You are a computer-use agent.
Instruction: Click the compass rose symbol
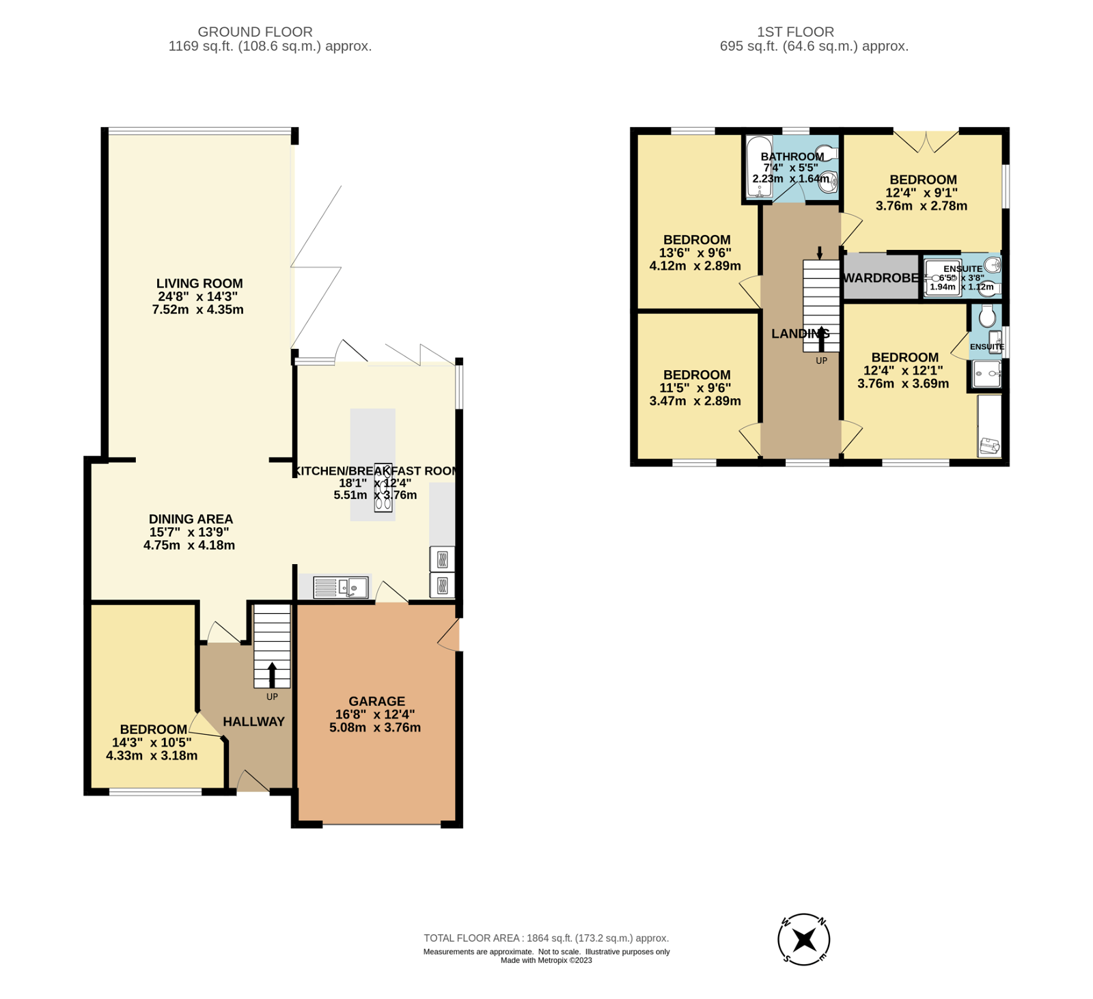click(803, 939)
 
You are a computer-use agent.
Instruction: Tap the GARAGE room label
click(376, 701)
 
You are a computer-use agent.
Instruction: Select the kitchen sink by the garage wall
click(340, 587)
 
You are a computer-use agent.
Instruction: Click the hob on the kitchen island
click(383, 487)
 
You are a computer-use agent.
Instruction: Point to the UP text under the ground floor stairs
click(272, 697)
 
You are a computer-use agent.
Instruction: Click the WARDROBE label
click(881, 278)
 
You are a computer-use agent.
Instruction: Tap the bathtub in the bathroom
click(758, 167)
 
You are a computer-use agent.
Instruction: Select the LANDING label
click(800, 333)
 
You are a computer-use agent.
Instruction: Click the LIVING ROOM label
click(199, 283)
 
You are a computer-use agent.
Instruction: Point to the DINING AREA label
click(191, 519)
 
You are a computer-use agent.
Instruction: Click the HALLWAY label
click(253, 722)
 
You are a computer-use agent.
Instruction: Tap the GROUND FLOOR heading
click(255, 31)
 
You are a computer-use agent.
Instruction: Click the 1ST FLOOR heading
click(795, 31)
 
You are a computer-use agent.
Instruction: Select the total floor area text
click(546, 938)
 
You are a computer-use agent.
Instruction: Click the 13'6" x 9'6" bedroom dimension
click(695, 253)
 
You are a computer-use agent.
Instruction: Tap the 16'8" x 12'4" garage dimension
click(375, 714)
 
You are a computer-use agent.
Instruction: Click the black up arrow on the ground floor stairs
click(272, 674)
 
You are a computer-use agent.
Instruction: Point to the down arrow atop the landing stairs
click(820, 253)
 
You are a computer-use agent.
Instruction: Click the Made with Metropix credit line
click(546, 960)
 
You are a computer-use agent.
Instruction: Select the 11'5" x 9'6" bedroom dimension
click(695, 388)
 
